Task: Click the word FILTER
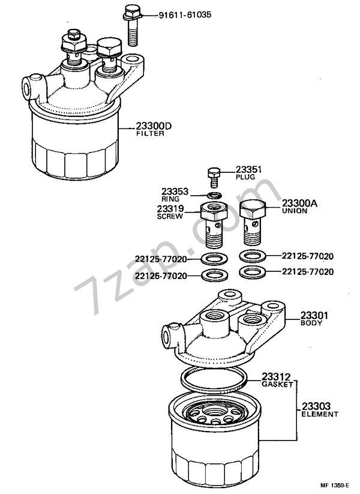[149, 134]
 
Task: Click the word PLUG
[244, 178]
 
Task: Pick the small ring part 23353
[214, 195]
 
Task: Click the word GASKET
[277, 384]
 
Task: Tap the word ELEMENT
[319, 414]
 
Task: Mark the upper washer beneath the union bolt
[253, 256]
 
